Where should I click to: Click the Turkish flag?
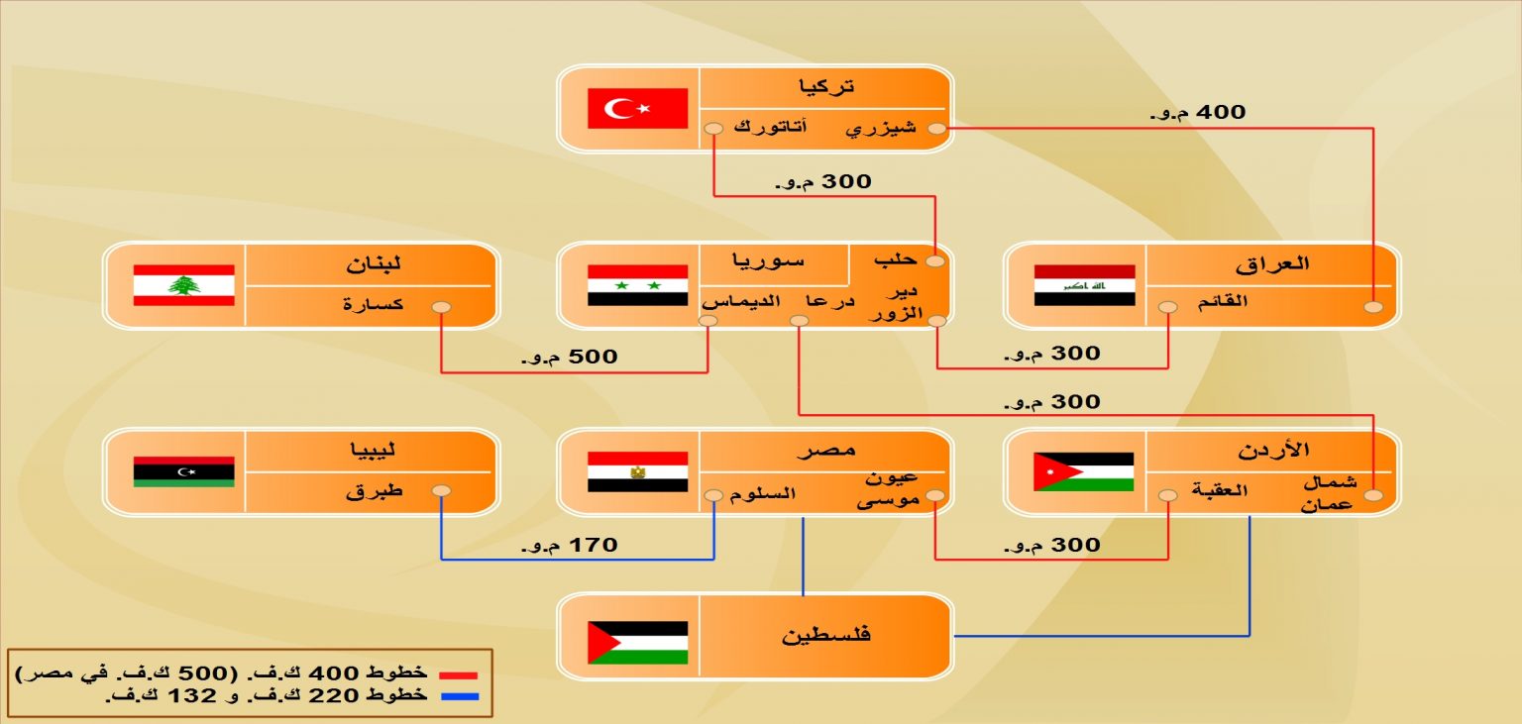(637, 108)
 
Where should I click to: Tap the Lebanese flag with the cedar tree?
(184, 285)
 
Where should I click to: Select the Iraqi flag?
(1084, 285)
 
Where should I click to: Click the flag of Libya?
(184, 471)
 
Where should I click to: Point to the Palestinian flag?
(637, 643)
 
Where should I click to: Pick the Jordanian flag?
(1084, 471)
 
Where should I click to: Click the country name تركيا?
(826, 87)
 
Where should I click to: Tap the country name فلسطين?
(825, 635)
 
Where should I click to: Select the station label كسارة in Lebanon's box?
(373, 304)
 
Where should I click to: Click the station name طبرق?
(375, 490)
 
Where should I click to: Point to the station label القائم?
(1223, 301)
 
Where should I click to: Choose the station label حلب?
(896, 259)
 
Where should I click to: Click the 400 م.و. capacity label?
(1198, 113)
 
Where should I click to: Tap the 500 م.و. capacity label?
(570, 357)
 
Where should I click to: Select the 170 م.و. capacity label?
(570, 545)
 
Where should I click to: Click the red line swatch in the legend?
(459, 675)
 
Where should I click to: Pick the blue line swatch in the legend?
(460, 696)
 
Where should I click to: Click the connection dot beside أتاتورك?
(713, 129)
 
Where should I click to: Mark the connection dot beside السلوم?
(713, 495)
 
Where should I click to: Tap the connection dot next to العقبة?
(1168, 495)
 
